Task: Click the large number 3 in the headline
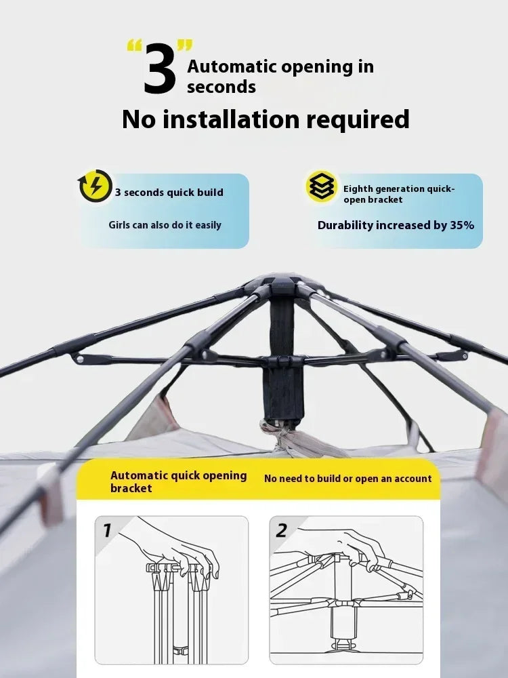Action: [x=159, y=68]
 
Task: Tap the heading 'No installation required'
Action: [x=266, y=119]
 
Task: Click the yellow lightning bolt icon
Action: [x=95, y=186]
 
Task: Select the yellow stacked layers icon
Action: [x=321, y=186]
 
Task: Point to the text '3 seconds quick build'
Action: [x=169, y=193]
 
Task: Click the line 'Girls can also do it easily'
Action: [x=165, y=225]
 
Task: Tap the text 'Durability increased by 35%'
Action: [x=396, y=225]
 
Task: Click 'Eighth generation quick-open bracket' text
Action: [x=399, y=194]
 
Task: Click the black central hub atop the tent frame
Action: [x=283, y=283]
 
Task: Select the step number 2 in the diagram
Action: [x=281, y=530]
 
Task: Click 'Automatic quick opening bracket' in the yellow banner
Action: [x=178, y=481]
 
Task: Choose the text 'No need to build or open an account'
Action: [x=347, y=479]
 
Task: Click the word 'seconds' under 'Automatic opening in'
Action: [x=221, y=87]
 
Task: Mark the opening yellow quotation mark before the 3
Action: [x=134, y=46]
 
